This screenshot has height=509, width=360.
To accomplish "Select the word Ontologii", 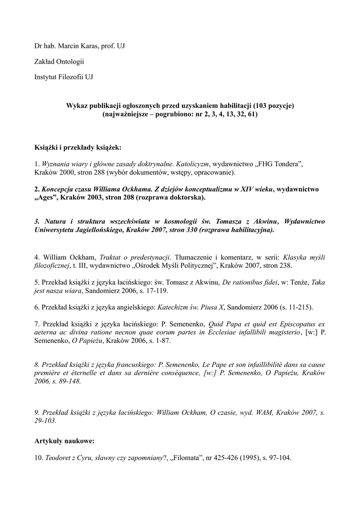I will pyautogui.click(x=69, y=62).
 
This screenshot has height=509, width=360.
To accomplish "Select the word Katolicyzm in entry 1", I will pyautogui.click(x=193, y=164).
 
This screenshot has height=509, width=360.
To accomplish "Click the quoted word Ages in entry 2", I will pyautogui.click(x=48, y=197).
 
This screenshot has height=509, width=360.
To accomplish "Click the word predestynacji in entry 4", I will pyautogui.click(x=147, y=257).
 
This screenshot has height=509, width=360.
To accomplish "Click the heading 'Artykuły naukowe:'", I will pyautogui.click(x=64, y=441).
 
